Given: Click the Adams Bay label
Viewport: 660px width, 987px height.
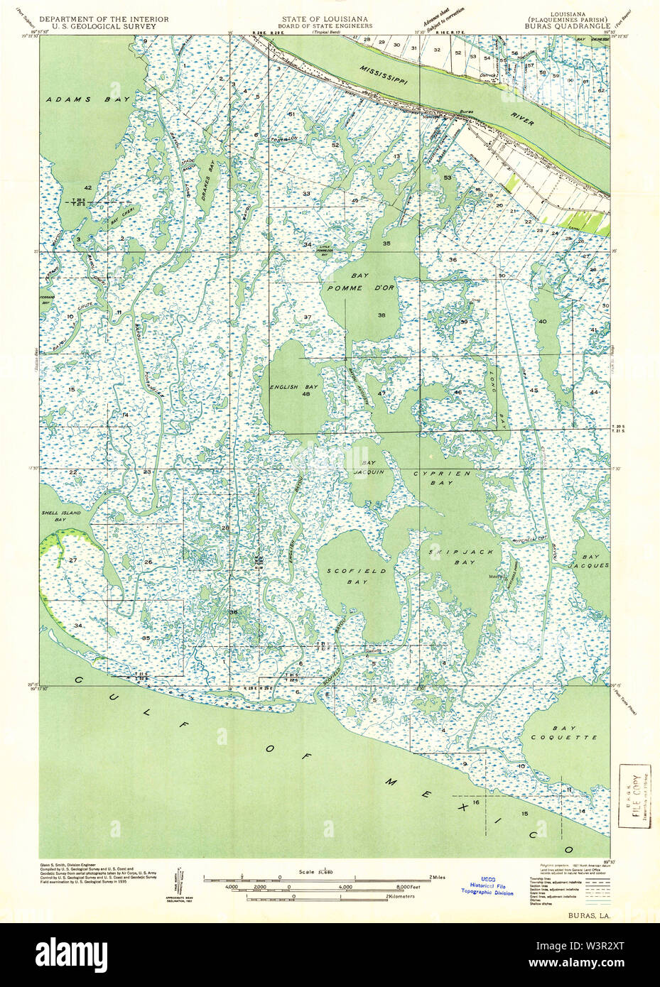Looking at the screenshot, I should [x=78, y=100].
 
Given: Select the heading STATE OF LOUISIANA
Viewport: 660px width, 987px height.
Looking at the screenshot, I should [x=322, y=18].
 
